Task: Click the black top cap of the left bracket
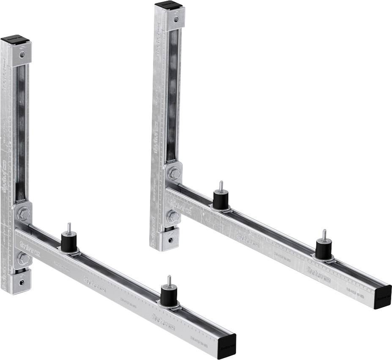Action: (x=15, y=40)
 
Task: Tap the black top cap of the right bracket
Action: (x=168, y=5)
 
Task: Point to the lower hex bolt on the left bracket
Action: (x=23, y=258)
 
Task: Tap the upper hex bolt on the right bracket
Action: (x=173, y=174)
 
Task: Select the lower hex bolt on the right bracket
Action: (x=173, y=217)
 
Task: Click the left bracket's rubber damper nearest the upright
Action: (x=69, y=242)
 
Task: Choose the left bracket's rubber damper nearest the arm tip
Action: (x=169, y=295)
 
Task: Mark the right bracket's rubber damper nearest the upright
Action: (x=220, y=199)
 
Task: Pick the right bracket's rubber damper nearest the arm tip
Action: (x=323, y=249)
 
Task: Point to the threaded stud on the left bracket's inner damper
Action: (x=69, y=228)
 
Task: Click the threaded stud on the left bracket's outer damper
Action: (x=169, y=280)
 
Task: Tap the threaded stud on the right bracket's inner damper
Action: (x=220, y=185)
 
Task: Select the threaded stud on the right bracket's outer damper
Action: (x=324, y=234)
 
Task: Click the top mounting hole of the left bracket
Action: (x=22, y=55)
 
